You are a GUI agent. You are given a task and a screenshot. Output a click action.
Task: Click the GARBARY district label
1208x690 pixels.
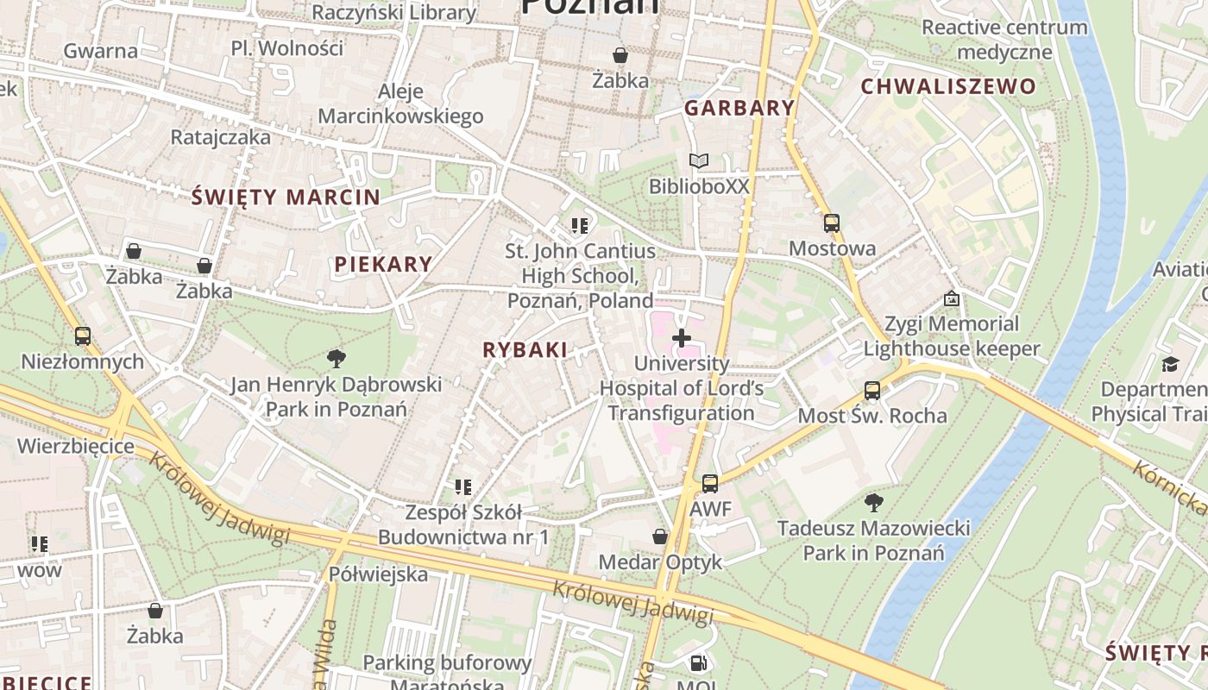point(739,108)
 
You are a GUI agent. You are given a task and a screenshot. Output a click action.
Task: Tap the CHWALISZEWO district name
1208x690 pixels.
point(947,86)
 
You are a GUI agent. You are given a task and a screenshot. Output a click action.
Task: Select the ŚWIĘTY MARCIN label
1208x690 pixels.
point(286,197)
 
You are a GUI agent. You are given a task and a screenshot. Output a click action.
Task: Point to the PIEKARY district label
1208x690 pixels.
point(383,264)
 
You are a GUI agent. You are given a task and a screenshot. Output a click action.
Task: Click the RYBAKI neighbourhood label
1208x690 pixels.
point(525,349)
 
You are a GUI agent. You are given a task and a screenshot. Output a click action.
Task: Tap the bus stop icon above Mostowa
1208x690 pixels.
point(831,223)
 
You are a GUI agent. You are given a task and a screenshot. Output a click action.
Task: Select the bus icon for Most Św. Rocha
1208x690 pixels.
point(871,391)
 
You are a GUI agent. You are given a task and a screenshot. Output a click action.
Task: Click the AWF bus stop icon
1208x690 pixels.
point(709,484)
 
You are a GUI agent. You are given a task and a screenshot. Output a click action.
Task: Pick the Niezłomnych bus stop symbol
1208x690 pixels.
point(82,336)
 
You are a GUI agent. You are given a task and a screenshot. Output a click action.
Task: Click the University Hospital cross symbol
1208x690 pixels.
point(681,338)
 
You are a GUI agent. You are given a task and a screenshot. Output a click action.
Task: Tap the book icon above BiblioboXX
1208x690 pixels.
point(698,160)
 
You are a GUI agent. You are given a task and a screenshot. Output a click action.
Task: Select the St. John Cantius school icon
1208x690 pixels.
point(579,226)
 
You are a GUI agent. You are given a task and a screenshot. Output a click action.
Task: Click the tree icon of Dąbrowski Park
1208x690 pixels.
point(336,358)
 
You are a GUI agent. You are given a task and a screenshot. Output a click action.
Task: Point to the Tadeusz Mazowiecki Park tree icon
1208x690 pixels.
point(873,502)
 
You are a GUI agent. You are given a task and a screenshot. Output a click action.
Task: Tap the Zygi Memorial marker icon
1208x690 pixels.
point(951,298)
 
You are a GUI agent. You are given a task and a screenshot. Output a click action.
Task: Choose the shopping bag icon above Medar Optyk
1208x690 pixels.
point(660,536)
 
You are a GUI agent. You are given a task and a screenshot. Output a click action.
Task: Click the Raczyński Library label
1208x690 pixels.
point(393,12)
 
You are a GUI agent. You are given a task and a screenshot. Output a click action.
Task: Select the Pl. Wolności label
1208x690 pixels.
point(287,47)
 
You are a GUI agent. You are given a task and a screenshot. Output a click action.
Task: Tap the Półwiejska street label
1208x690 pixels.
point(378,574)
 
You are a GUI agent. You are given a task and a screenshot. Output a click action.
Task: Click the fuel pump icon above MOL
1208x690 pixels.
point(697,663)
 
